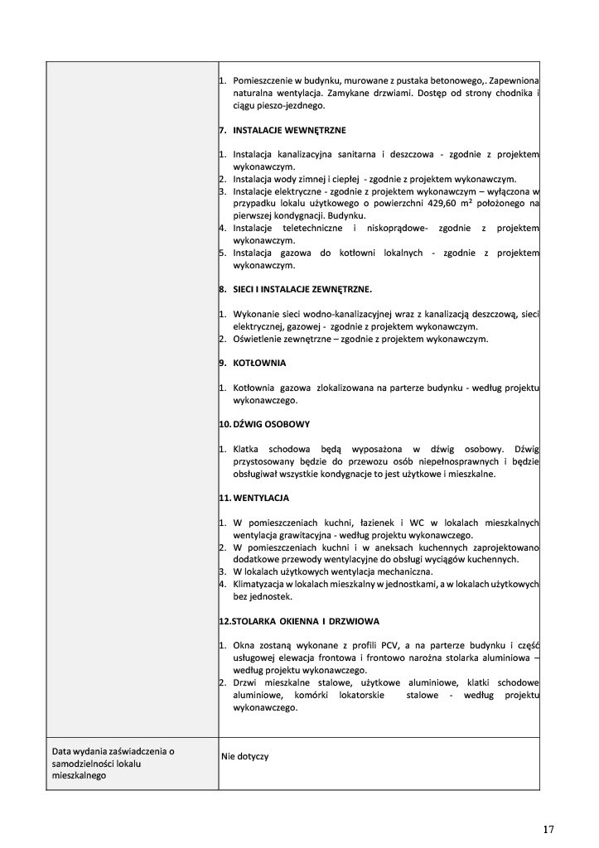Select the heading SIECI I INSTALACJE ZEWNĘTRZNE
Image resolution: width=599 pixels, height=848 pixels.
point(302,289)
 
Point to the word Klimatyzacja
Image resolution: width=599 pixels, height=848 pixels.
point(262,584)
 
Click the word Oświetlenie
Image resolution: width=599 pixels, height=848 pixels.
point(258,339)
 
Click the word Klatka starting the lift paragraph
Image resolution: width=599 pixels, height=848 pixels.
point(248,450)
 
